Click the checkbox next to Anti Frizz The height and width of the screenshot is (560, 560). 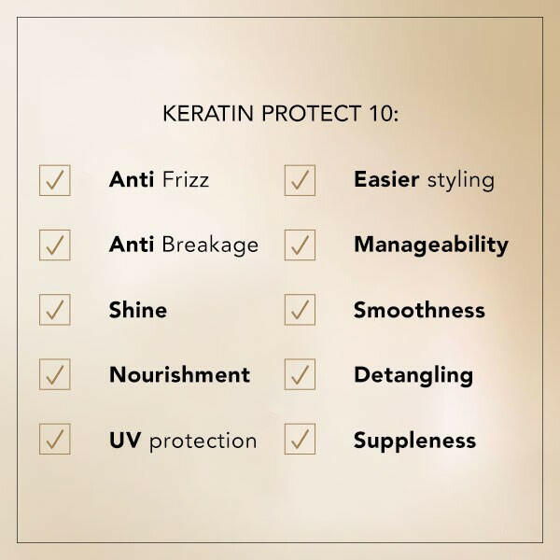click(55, 180)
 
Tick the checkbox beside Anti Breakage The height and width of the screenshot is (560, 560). click(55, 245)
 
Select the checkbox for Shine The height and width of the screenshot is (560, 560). click(55, 310)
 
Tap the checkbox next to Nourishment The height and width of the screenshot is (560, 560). click(55, 374)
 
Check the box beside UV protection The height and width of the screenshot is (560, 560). click(55, 439)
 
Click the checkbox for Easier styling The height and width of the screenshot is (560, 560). click(300, 180)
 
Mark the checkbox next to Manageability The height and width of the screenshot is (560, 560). click(300, 245)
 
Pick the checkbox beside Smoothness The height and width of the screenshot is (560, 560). click(300, 310)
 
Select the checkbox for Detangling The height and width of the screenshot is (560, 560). click(300, 374)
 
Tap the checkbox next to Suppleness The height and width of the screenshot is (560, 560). click(300, 439)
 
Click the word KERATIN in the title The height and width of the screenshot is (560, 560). click(208, 114)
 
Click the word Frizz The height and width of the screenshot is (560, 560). click(186, 179)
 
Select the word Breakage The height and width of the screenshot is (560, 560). click(210, 245)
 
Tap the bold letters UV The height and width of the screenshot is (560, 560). click(125, 440)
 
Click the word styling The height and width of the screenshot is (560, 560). click(461, 180)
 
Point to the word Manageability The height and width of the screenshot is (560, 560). click(431, 245)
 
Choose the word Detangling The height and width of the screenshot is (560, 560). click(413, 376)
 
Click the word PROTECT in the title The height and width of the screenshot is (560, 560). click(311, 114)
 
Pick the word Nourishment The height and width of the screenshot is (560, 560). click(179, 374)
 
